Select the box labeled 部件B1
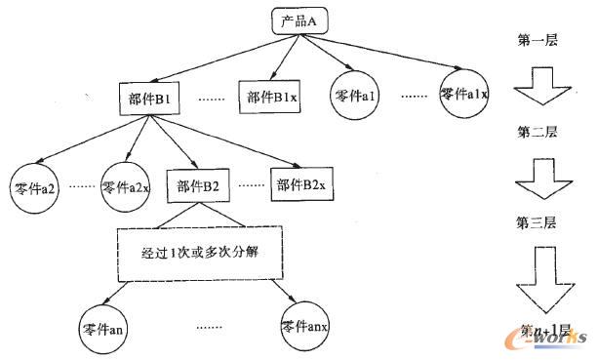(x=149, y=99)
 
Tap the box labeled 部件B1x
(x=272, y=97)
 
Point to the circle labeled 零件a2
(x=33, y=186)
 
